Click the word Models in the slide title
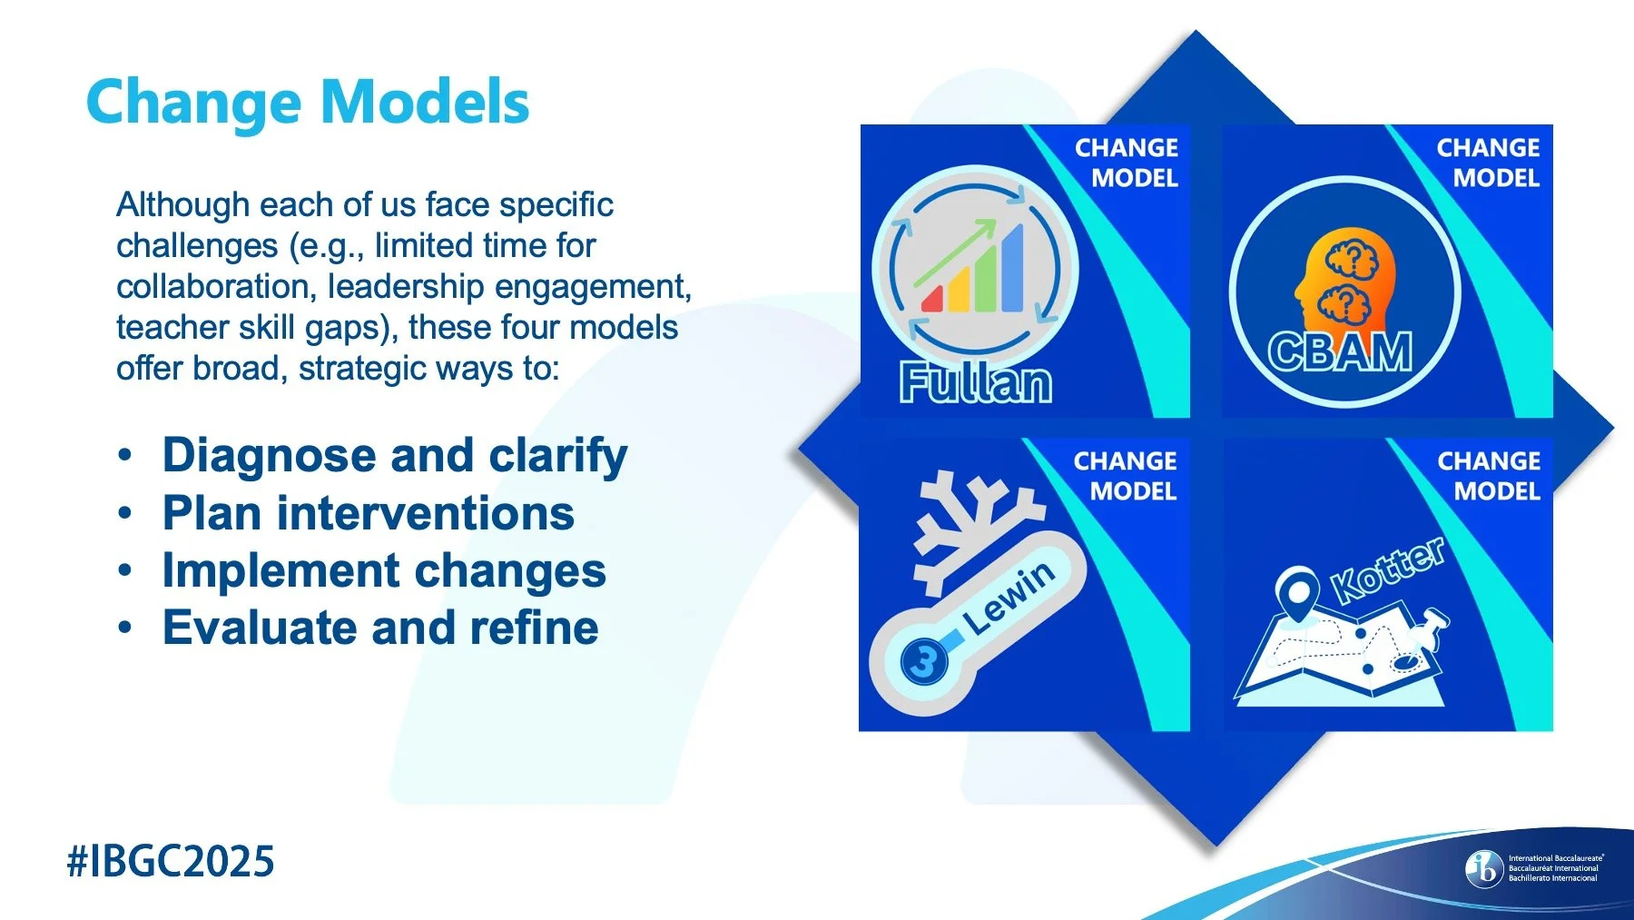coord(426,102)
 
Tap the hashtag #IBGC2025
coord(171,861)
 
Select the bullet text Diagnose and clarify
coord(395,455)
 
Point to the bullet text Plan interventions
coord(368,513)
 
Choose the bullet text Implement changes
coord(384,571)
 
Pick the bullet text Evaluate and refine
coord(380,628)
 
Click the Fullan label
coord(976,383)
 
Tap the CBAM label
coord(1340,352)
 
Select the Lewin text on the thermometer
coord(1009,598)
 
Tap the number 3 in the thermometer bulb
coord(923,660)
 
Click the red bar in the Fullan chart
coord(931,299)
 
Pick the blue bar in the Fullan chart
coord(1011,270)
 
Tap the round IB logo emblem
coord(1484,868)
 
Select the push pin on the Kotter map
coord(1431,628)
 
